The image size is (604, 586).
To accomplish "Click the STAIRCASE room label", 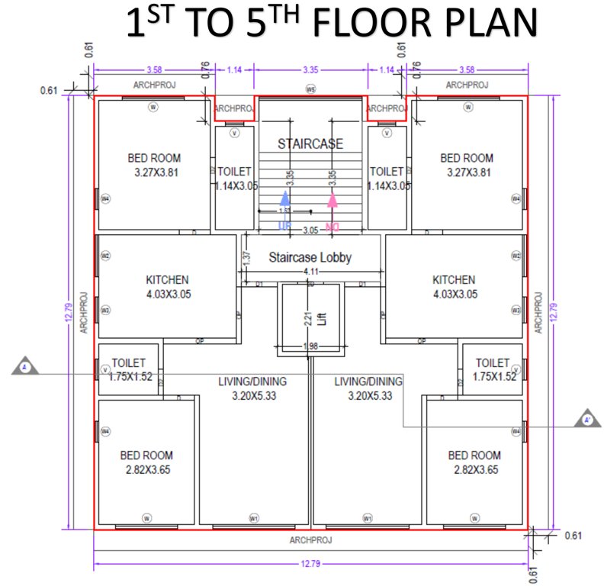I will click(x=310, y=143).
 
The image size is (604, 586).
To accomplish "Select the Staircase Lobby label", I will click(x=310, y=258).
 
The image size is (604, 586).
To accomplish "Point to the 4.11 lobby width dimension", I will click(x=310, y=272).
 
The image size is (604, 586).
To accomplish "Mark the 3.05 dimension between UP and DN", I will click(x=310, y=230).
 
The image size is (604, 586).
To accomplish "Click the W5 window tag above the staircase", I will click(x=310, y=89).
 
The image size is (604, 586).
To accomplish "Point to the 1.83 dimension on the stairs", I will click(x=284, y=210).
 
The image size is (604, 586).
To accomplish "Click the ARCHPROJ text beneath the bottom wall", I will click(x=310, y=539).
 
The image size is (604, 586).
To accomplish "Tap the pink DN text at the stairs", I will click(x=333, y=227).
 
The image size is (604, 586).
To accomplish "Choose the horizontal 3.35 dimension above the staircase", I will click(x=310, y=68).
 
